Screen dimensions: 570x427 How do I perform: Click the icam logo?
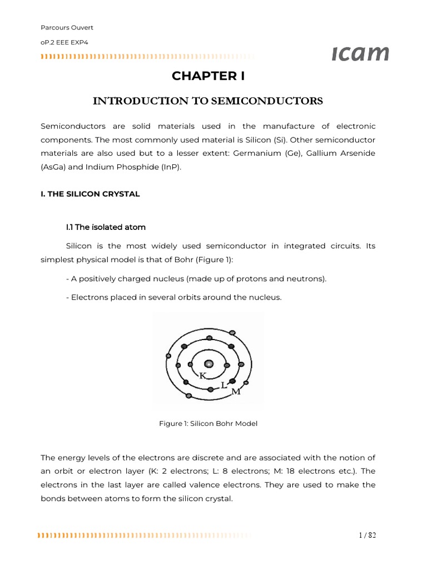pos(360,53)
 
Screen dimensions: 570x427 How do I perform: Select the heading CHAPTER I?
pos(208,76)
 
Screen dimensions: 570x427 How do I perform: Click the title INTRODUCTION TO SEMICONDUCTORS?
pos(207,101)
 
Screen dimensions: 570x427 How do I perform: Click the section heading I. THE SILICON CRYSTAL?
pos(90,194)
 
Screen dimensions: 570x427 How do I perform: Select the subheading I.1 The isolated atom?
pos(106,227)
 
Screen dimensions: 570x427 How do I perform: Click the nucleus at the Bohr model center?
pos(209,364)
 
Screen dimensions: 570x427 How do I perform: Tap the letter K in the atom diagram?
pos(203,376)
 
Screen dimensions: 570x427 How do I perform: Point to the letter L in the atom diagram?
pos(224,385)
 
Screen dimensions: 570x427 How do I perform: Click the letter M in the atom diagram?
pos(236,392)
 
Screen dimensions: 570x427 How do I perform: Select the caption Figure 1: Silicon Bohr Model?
pos(208,424)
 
